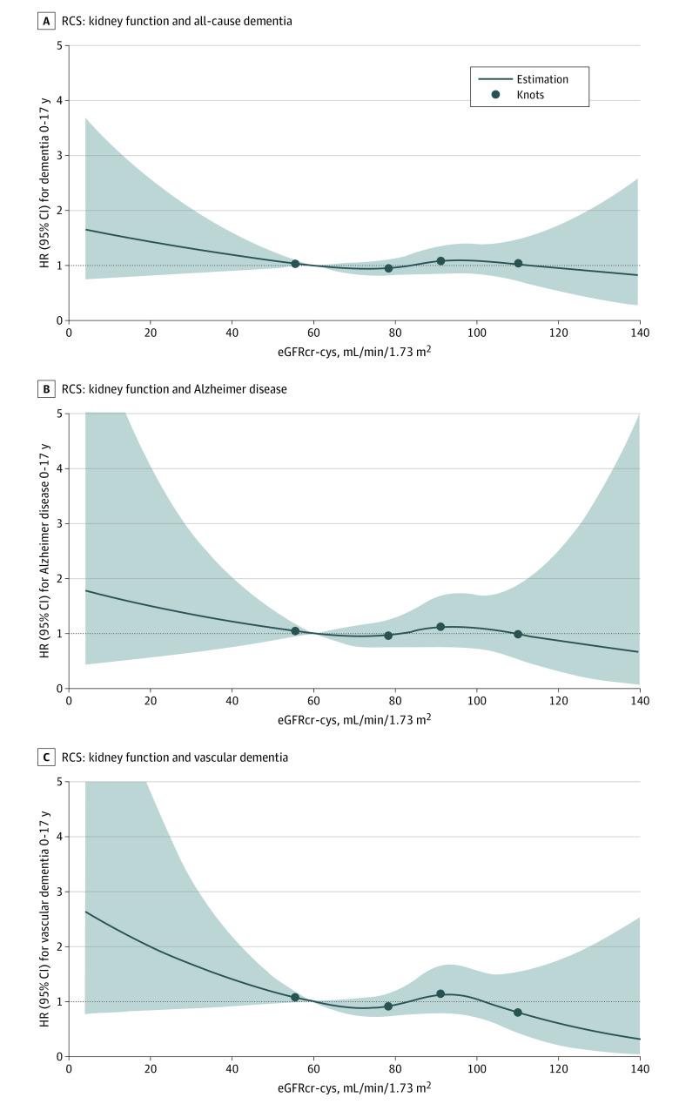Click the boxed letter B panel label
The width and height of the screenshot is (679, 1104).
[44, 389]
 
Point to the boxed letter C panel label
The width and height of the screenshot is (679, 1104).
[44, 757]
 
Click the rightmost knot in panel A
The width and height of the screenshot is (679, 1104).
[518, 264]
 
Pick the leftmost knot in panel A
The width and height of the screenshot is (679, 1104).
[295, 264]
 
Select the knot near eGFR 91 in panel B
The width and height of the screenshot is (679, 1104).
[440, 627]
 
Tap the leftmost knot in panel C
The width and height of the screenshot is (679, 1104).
[295, 997]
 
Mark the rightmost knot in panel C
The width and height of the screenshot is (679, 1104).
[518, 1013]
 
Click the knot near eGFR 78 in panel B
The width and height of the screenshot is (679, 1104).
[388, 636]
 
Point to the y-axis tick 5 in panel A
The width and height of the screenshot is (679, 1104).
[58, 45]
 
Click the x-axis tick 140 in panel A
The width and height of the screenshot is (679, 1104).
[639, 333]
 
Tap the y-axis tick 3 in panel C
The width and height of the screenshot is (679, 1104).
[58, 892]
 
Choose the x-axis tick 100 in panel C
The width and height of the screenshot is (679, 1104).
[476, 1069]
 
